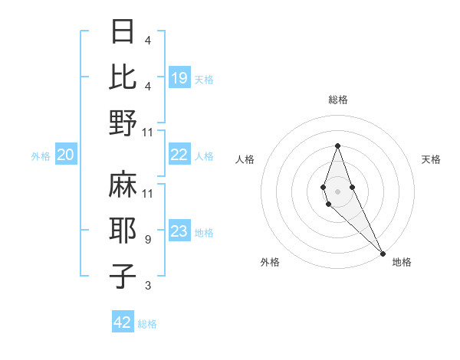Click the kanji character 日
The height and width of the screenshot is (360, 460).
click(124, 31)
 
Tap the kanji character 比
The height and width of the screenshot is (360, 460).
click(124, 77)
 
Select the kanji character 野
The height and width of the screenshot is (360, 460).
click(124, 123)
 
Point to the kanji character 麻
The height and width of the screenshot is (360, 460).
click(124, 184)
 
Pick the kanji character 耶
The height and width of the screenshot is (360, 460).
click(124, 231)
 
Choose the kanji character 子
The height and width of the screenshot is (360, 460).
click(124, 277)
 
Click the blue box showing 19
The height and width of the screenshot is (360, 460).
click(179, 77)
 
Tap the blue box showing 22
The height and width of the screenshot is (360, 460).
click(179, 155)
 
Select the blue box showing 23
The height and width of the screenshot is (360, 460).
click(179, 231)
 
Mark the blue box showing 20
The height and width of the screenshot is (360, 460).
click(65, 155)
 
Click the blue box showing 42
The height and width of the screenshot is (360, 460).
click(123, 322)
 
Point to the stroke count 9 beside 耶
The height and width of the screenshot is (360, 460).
click(148, 240)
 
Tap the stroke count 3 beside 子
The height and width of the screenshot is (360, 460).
click(148, 286)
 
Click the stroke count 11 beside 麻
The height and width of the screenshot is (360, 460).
click(148, 193)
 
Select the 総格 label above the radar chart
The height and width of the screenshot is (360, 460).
click(338, 100)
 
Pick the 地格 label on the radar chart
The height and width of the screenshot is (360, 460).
click(402, 262)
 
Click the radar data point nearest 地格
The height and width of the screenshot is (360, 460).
click(383, 254)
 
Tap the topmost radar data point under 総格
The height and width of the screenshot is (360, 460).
click(337, 146)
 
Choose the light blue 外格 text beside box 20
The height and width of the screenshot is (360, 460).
click(41, 155)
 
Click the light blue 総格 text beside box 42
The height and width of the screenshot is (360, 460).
click(147, 323)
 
